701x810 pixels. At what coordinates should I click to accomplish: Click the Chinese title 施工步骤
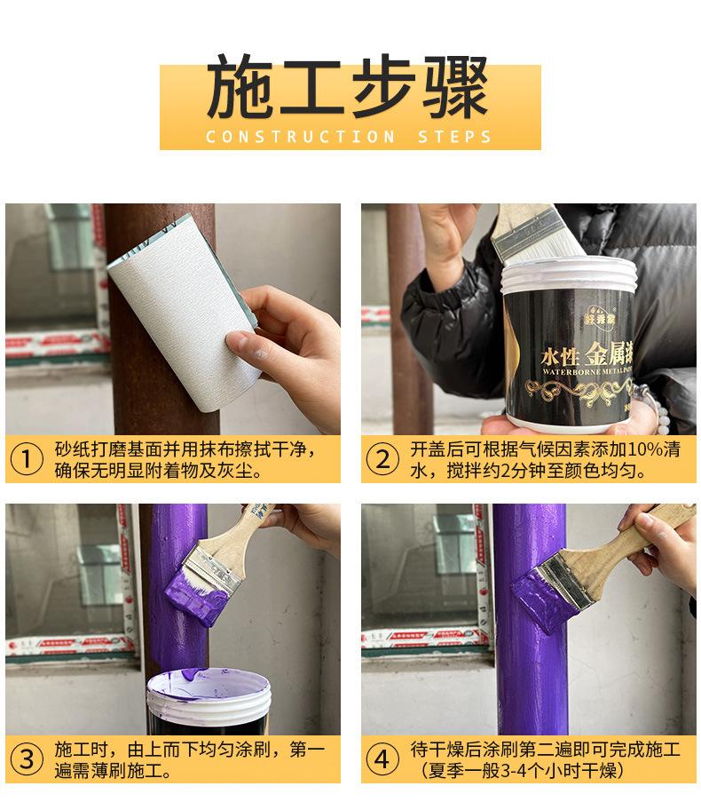click(349, 89)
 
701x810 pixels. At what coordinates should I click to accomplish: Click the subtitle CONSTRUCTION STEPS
click(349, 137)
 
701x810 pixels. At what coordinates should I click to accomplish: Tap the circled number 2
click(382, 459)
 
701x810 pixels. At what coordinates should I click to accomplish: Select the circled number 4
click(382, 759)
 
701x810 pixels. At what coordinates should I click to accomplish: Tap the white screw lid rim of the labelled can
click(568, 275)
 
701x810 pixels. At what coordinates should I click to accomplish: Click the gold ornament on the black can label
click(577, 386)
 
